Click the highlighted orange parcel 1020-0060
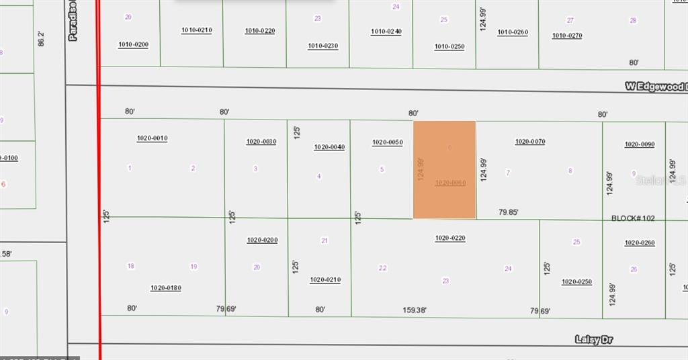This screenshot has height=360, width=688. point(444,169)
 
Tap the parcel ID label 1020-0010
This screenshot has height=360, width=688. point(152,138)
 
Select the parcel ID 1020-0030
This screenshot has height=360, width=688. point(261,142)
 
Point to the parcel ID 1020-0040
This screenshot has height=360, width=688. point(329,147)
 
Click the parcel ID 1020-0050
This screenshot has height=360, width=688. point(387,142)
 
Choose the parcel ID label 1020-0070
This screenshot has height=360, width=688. point(530,142)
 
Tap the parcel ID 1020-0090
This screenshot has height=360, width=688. point(640,144)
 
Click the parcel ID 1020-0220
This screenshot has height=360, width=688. point(450,238)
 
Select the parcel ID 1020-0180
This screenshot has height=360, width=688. point(166,288)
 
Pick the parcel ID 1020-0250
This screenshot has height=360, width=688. point(576,282)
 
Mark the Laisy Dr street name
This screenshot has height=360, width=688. point(594,340)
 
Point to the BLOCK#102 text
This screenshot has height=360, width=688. point(633,218)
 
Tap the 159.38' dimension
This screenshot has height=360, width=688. point(414,310)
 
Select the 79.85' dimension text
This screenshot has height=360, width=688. point(509,212)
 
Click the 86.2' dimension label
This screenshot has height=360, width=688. point(42,38)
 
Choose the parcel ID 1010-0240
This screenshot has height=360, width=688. point(386,32)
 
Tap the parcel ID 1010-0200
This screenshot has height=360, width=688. point(133,45)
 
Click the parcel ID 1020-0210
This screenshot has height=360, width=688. point(325,280)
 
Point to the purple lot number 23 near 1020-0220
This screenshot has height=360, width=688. point(445,281)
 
